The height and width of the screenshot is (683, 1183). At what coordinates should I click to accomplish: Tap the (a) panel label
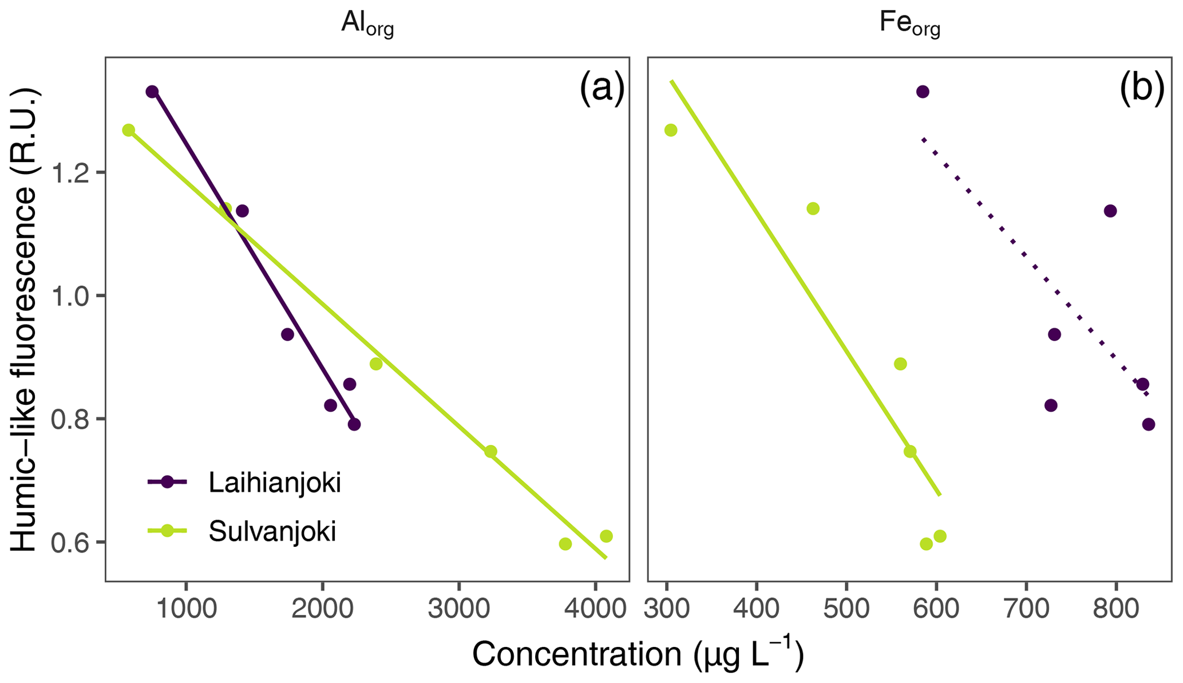click(x=602, y=89)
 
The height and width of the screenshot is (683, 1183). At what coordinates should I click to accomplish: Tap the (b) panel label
click(x=1142, y=89)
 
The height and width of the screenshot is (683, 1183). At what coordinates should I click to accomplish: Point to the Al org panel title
click(x=367, y=24)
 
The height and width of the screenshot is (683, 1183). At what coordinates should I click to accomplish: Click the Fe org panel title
click(x=909, y=24)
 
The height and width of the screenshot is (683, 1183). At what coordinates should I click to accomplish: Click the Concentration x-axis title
click(x=638, y=654)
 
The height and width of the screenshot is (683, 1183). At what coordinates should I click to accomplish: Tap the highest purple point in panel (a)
click(x=152, y=92)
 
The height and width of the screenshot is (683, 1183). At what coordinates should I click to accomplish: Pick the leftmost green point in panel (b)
click(x=671, y=131)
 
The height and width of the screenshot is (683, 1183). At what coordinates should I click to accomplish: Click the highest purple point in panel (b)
click(x=922, y=92)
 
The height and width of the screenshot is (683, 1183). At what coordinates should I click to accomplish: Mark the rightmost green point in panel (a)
click(x=606, y=536)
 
